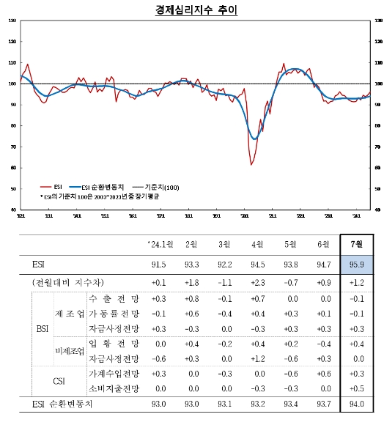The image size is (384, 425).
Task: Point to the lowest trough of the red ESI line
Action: pyautogui.click(x=251, y=164)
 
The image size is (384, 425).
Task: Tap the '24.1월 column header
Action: pyautogui.click(x=157, y=244)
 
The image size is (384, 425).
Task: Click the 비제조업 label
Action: pyautogui.click(x=70, y=351)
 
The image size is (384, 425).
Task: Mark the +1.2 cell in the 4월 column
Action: pyautogui.click(x=257, y=358)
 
